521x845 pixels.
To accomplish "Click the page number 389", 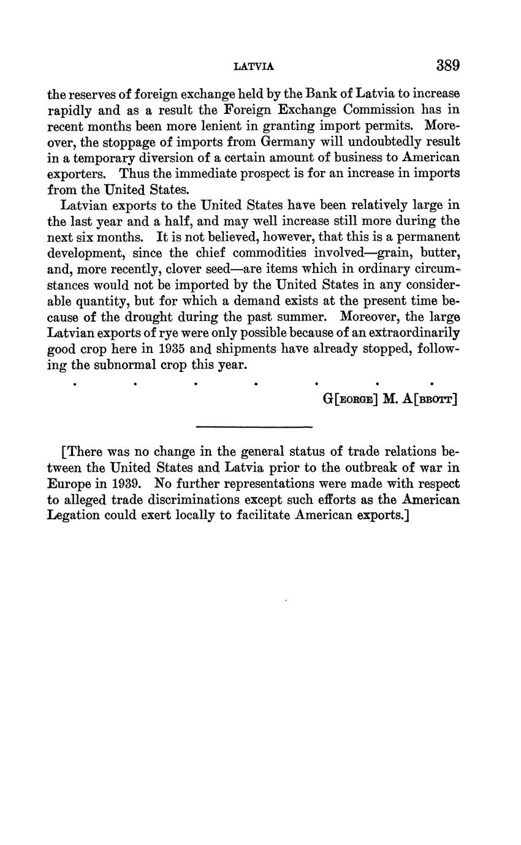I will (448, 66).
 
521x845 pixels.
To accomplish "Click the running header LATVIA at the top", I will (254, 66).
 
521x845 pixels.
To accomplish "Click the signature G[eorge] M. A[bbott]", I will (390, 400).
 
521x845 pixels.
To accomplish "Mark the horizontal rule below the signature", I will (254, 426).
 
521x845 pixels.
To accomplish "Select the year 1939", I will (126, 483).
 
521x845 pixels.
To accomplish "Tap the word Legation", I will (73, 515).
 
